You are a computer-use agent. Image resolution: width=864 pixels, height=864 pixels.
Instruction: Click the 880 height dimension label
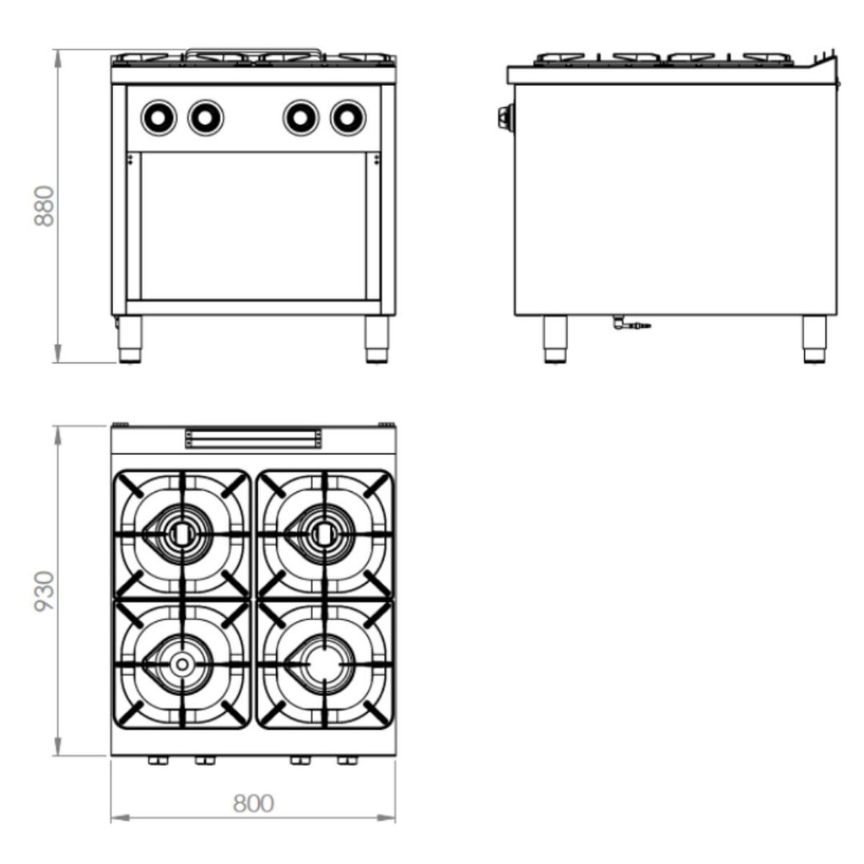point(45,206)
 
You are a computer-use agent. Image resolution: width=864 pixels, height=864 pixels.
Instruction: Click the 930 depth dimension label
point(45,591)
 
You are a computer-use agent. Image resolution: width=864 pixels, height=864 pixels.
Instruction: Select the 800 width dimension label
point(253,803)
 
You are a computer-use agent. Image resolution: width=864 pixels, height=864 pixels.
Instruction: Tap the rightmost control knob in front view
point(348,117)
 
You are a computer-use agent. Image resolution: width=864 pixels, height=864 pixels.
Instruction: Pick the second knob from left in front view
point(206,117)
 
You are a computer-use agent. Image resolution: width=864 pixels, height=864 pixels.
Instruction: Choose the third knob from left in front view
point(300,117)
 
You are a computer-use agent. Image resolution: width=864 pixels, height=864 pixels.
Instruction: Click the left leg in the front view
point(130,339)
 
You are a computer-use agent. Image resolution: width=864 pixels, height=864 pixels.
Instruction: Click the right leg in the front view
point(376,339)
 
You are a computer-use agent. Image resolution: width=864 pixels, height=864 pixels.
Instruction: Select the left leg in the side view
point(555,339)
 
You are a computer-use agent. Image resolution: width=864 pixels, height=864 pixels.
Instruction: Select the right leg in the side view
point(813,339)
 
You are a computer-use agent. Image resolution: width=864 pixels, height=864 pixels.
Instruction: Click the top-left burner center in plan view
point(181,532)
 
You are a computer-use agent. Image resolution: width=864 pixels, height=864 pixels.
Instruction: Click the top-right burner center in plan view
point(323,532)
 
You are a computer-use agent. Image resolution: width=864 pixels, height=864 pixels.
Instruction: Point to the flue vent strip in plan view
point(253,437)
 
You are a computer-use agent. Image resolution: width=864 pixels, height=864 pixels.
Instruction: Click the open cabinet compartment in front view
point(253,225)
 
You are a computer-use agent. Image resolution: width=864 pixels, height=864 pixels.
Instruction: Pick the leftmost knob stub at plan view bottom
point(157,761)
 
